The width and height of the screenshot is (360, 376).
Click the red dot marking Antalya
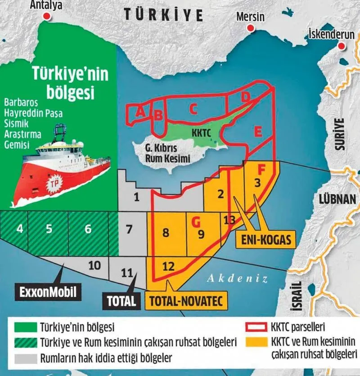(46, 16)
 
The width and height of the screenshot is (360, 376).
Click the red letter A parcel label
(140, 112)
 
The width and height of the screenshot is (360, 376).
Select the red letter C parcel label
(193, 108)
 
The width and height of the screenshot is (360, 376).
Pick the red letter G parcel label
(195, 222)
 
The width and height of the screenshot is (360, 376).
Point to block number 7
(129, 229)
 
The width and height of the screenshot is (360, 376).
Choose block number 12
(168, 266)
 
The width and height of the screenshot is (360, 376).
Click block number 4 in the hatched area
(19, 228)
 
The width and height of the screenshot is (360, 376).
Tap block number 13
(229, 220)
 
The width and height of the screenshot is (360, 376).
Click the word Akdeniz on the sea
(237, 279)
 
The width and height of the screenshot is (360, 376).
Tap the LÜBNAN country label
(337, 199)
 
